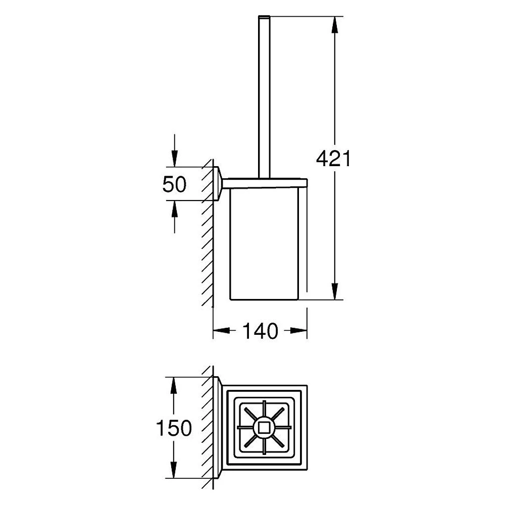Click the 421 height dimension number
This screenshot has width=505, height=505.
click(333, 159)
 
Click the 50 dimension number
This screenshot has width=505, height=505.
click(174, 184)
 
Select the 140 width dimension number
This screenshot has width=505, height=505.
click(260, 331)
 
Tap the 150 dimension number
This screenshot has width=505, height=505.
click(174, 428)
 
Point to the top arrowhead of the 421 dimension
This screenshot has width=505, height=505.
click(335, 24)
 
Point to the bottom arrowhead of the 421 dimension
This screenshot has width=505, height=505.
click(335, 291)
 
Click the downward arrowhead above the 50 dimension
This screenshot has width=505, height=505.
click(174, 159)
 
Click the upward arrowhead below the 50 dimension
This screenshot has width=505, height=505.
click(174, 209)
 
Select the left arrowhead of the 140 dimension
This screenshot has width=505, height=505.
click(222, 330)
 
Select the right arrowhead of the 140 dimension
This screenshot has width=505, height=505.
click(298, 330)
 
